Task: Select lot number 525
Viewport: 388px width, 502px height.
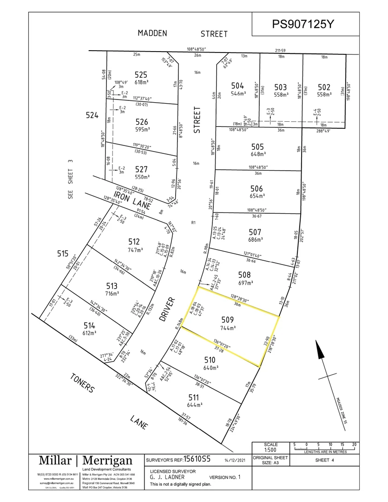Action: tap(141, 74)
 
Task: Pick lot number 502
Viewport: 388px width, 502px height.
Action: tap(324, 87)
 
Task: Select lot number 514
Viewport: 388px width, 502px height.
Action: tap(89, 324)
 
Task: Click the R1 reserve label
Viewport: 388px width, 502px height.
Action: tap(194, 223)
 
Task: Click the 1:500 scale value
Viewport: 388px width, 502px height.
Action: tap(271, 450)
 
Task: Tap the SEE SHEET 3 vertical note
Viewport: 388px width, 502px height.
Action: tap(71, 179)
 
